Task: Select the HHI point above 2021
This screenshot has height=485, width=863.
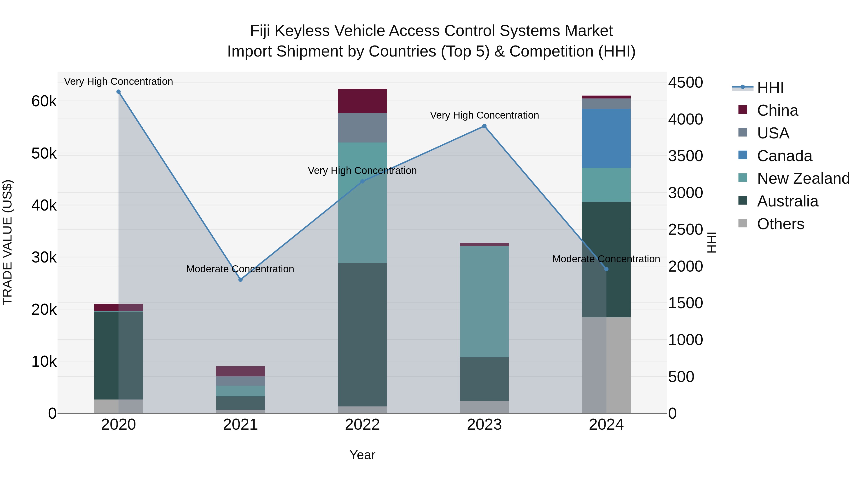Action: click(240, 280)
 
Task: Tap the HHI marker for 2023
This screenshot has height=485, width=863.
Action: click(484, 126)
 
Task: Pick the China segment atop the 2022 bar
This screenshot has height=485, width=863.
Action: click(362, 101)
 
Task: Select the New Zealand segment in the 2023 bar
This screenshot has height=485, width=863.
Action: click(484, 301)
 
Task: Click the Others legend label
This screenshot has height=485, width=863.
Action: click(780, 224)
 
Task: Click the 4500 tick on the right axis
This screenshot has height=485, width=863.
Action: click(685, 83)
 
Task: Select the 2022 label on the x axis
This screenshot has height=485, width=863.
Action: click(362, 425)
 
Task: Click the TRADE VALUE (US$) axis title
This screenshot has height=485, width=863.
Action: click(7, 242)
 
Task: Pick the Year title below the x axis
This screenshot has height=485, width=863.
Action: click(362, 455)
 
